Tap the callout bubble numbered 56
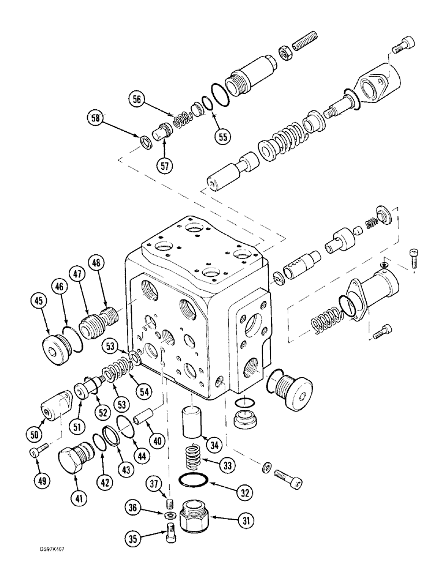coord(136,99)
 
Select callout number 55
coord(222,136)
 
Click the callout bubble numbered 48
coord(95,264)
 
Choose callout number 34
coord(215,444)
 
